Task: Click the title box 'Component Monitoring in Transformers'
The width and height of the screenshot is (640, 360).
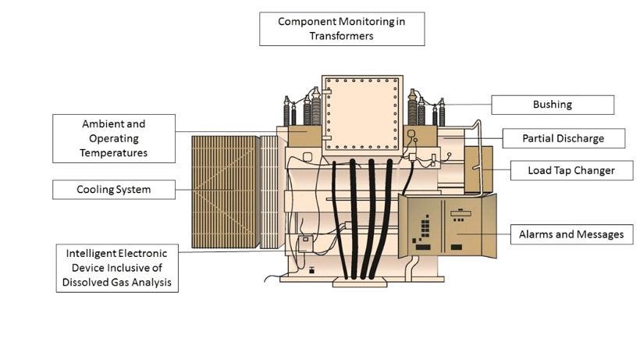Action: click(x=342, y=28)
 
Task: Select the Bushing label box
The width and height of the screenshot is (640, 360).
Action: click(x=552, y=105)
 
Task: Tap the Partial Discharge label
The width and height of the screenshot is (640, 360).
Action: click(x=563, y=138)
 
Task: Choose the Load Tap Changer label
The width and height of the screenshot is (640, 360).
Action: click(x=571, y=170)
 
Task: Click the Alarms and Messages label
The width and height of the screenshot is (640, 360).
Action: click(x=571, y=234)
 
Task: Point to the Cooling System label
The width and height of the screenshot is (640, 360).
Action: click(x=114, y=190)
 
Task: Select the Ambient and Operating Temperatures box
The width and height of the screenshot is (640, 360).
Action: click(x=114, y=138)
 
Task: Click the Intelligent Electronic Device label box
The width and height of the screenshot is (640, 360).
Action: click(x=117, y=268)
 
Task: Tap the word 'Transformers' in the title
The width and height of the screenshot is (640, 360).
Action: click(x=342, y=36)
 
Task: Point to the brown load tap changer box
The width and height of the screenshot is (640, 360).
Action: click(x=478, y=169)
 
